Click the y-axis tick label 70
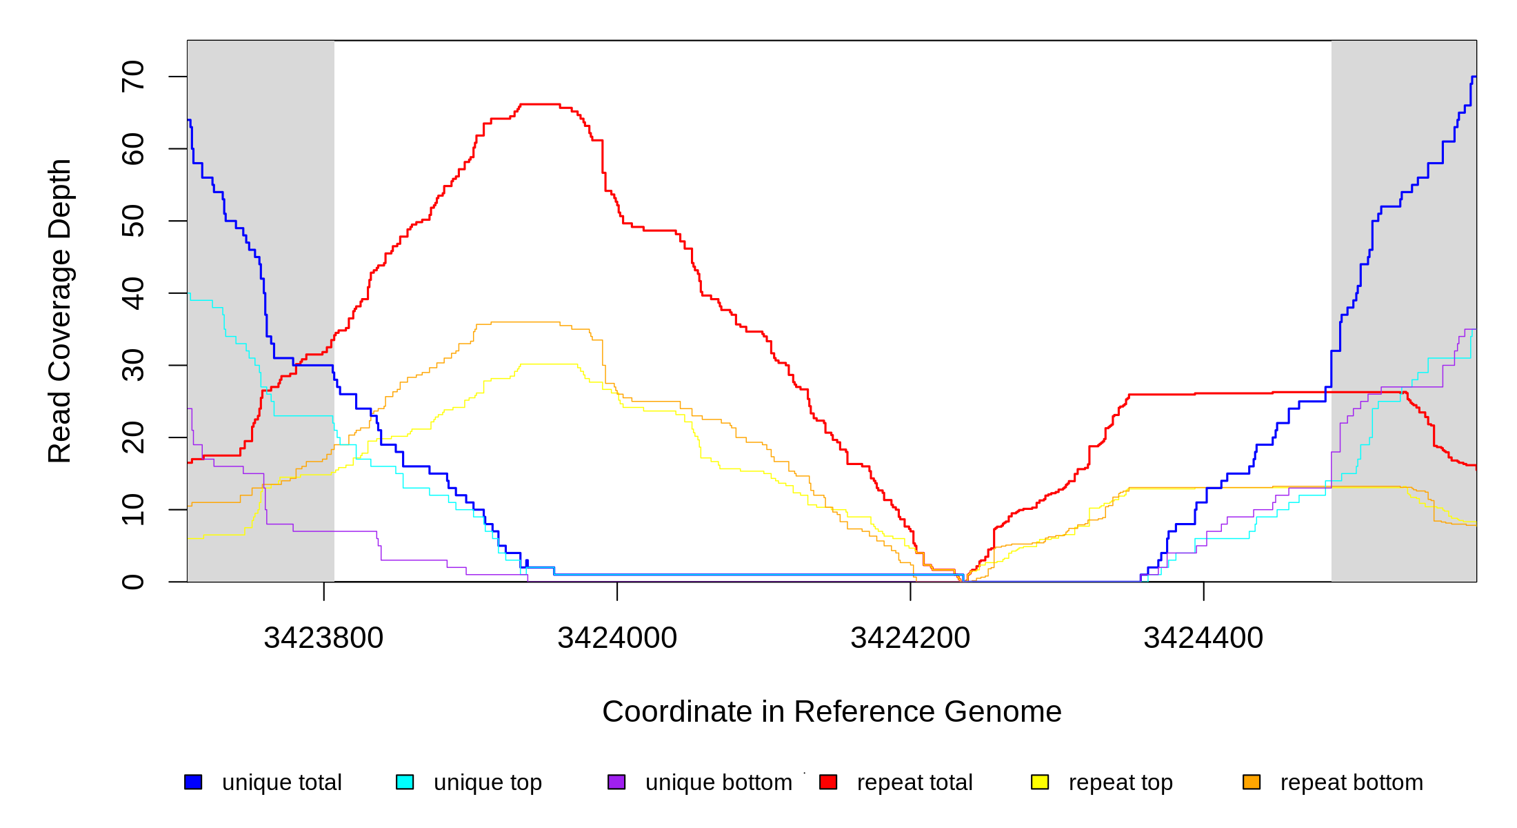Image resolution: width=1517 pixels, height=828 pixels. coord(133,76)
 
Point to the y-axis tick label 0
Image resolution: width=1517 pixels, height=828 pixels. coord(133,582)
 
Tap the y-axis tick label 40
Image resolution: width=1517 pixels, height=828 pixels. coord(133,293)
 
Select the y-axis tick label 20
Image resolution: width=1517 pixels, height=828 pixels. coord(133,437)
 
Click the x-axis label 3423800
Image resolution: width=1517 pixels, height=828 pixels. coord(323,638)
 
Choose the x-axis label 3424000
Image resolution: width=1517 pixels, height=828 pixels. coord(617,638)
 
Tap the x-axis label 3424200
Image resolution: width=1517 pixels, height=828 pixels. coord(910,638)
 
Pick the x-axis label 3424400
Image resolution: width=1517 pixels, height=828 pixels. coord(1203,638)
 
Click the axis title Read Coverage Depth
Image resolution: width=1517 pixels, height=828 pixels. coord(59,310)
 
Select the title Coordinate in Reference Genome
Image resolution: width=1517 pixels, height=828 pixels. coord(832,711)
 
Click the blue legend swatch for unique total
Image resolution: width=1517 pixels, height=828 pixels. coord(193,782)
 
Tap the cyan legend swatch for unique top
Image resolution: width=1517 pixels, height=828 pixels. coord(405,782)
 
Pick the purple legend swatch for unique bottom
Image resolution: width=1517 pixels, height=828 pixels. coord(616,782)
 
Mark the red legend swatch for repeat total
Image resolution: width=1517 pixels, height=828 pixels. coord(828,782)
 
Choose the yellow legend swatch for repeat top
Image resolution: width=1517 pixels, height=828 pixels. coord(1040,782)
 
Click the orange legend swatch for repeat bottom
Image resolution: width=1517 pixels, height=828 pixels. coord(1252,782)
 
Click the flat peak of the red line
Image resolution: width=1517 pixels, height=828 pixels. coord(540,104)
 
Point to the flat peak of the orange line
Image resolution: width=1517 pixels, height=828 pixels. coord(525,322)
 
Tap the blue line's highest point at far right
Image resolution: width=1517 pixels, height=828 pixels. coord(1474,77)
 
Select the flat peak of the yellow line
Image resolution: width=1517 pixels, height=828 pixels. coord(549,364)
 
